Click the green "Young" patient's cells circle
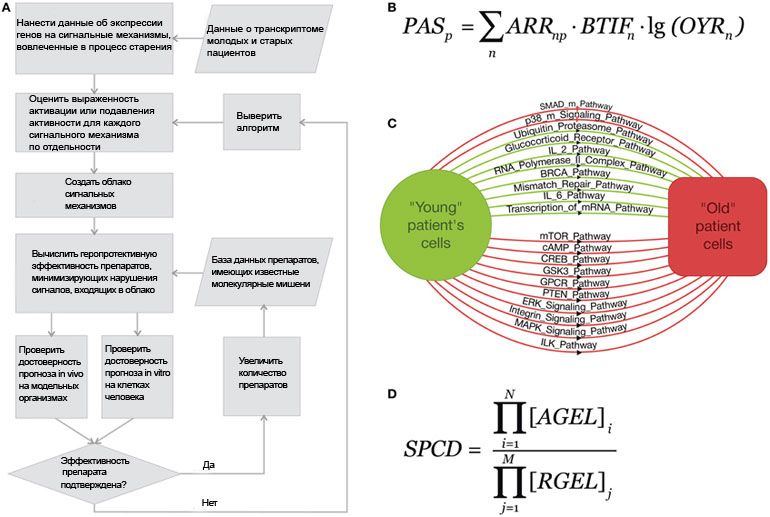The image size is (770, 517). tap(436, 225)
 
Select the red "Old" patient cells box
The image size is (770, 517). tap(717, 226)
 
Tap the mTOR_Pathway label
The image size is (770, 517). tap(575, 236)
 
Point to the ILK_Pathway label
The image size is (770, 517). tap(569, 344)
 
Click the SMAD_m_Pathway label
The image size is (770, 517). tap(576, 106)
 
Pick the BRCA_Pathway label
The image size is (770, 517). tap(575, 173)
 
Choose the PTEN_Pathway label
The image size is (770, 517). tap(575, 294)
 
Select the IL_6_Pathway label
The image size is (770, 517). tap(574, 195)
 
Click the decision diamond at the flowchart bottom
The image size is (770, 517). tap(94, 473)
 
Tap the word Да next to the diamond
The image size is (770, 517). tap(209, 464)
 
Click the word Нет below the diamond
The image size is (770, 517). tap(209, 502)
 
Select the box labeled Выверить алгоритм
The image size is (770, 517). tap(262, 122)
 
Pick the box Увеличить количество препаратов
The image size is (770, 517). tap(262, 376)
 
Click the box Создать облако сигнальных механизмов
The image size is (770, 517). tap(94, 194)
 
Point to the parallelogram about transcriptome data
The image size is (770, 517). tap(264, 39)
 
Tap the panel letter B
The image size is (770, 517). tap(391, 7)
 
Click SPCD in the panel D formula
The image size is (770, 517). tap(433, 448)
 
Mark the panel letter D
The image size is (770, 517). tap(391, 394)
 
